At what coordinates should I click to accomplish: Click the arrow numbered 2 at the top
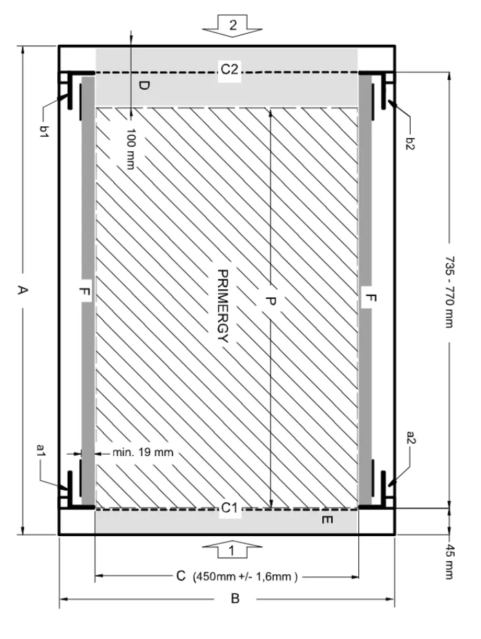tap(233, 26)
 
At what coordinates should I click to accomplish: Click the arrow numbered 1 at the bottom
tap(232, 550)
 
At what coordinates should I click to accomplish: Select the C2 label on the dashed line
tap(229, 69)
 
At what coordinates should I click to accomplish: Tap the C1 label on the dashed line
tap(230, 508)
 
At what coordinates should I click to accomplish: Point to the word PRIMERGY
tap(223, 306)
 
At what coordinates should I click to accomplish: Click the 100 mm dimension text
tap(131, 148)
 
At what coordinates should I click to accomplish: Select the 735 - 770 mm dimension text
tap(449, 292)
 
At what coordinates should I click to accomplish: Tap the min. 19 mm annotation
tap(143, 453)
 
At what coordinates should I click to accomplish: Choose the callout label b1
tap(43, 131)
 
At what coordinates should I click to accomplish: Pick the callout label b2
tap(410, 144)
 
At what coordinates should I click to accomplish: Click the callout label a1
tap(40, 450)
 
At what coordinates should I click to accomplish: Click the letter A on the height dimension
tap(22, 290)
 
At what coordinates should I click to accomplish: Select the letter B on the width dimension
tap(235, 599)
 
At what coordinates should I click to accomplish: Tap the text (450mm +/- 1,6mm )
tap(245, 577)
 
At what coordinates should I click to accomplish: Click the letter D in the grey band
tap(144, 86)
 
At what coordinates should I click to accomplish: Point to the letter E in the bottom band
tap(327, 520)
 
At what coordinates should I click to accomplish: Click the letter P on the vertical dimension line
tap(271, 301)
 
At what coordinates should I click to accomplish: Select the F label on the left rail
tap(85, 292)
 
